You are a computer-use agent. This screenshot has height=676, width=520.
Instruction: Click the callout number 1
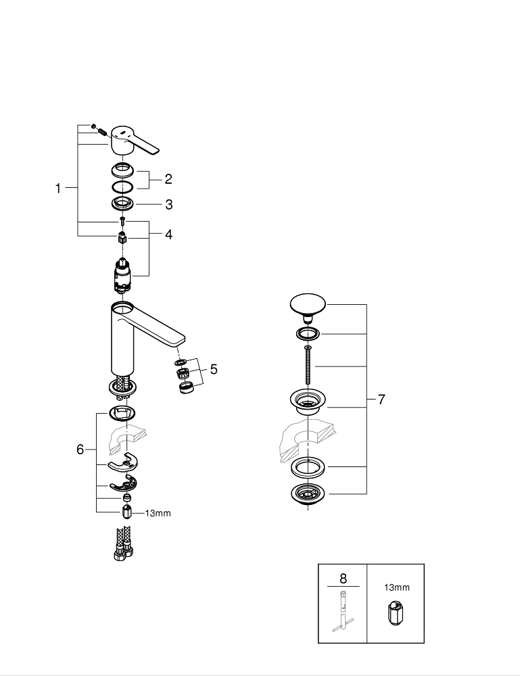tap(58, 189)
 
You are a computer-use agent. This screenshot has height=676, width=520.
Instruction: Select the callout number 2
tap(168, 179)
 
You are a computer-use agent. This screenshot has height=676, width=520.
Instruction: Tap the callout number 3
tap(168, 203)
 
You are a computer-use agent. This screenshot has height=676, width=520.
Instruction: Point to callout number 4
tap(168, 235)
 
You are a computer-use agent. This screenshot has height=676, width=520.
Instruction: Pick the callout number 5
tap(213, 369)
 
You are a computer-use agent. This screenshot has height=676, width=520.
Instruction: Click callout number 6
tap(80, 449)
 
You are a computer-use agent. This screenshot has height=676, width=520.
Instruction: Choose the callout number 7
tap(381, 400)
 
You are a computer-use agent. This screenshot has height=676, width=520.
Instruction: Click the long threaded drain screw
tap(308, 365)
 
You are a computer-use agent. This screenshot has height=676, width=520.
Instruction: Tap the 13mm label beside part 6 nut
tap(158, 513)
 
